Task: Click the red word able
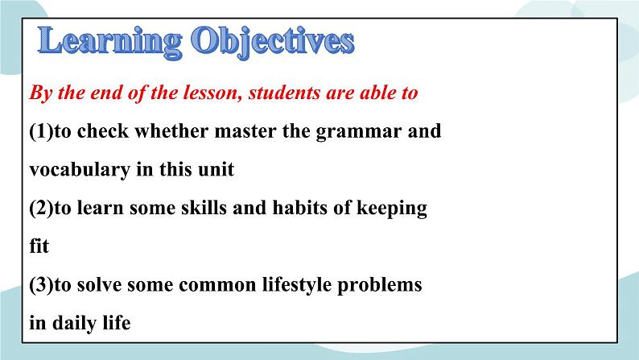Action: coord(373,93)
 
